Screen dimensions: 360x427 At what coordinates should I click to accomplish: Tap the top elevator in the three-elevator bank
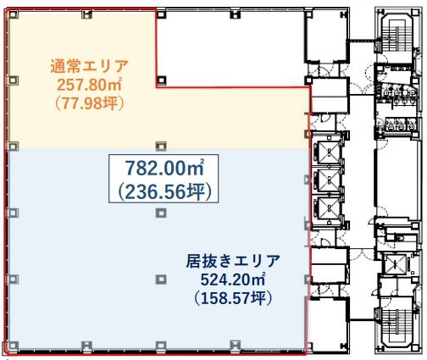[x=326, y=153]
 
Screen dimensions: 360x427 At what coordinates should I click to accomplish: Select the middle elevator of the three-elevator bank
[x=326, y=180]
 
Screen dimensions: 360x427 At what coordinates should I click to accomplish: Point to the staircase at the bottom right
[x=395, y=326]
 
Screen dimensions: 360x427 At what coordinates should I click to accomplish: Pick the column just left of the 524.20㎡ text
[x=160, y=278]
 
